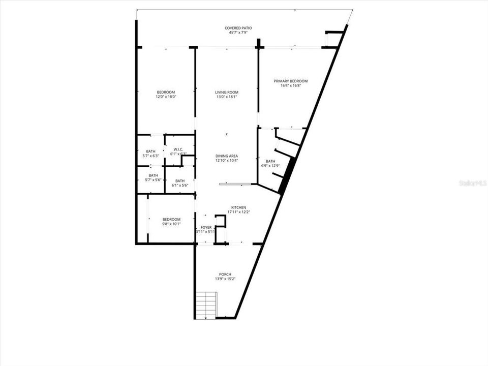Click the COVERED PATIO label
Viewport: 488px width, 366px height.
point(238,28)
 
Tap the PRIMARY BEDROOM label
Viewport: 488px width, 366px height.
point(290,81)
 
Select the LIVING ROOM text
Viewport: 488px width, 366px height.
point(226,92)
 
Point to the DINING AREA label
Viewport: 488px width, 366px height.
point(226,156)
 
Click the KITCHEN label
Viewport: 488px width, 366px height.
point(238,207)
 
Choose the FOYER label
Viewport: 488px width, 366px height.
point(206,227)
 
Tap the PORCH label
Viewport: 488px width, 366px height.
point(224,274)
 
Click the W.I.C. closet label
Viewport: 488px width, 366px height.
point(178,149)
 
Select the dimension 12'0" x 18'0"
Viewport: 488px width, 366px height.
point(165,97)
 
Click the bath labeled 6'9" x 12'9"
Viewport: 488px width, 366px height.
point(270,163)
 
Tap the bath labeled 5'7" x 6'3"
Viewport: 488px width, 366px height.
point(150,154)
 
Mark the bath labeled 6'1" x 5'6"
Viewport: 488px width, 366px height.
point(179,183)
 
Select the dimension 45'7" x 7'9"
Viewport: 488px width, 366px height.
point(238,33)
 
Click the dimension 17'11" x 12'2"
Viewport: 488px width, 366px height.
point(238,212)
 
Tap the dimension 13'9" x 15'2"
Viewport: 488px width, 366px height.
point(224,279)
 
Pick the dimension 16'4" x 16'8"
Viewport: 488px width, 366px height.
point(290,85)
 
